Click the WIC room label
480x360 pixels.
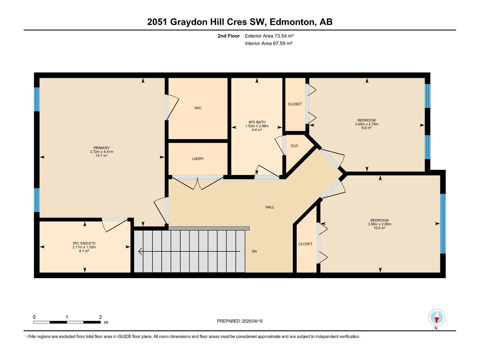198,108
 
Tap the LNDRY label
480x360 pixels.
198,159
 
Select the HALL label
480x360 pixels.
270,207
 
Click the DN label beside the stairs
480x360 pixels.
254,251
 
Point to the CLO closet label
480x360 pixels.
294,146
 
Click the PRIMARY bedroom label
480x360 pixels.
101,148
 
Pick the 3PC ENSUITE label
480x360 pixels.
84,243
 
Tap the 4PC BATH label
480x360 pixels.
257,122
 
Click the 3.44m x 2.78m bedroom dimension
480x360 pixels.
367,124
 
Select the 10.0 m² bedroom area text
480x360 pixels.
379,228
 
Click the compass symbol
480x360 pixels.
437,317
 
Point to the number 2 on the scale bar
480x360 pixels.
100,317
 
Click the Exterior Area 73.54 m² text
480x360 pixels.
269,36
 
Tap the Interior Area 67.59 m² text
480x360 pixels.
268,43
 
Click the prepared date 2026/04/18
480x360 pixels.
252,321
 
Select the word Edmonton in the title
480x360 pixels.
293,22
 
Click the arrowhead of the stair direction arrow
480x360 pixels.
140,251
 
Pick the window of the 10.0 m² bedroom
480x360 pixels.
442,223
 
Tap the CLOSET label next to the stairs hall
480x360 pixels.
305,244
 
